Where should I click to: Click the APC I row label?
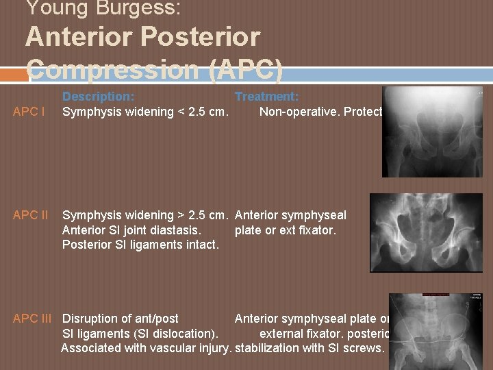29,112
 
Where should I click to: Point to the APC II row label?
30,215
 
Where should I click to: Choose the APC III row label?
32,319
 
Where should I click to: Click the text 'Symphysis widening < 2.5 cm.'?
145,112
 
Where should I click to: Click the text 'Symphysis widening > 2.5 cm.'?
145,215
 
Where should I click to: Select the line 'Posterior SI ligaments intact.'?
140,245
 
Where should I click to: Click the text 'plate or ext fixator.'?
285,230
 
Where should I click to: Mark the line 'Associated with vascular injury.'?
147,348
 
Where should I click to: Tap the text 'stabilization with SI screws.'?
309,348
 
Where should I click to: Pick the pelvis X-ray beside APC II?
426,233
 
